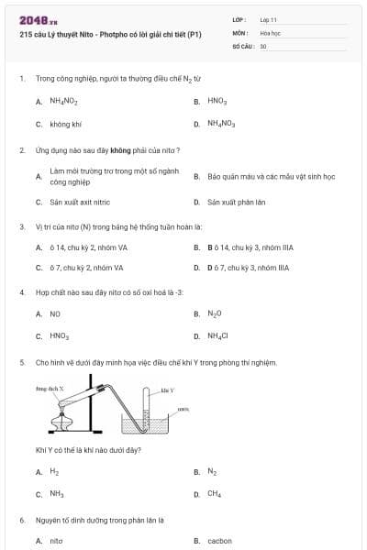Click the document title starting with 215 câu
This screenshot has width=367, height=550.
[110, 35]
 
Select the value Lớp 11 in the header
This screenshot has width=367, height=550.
[268, 19]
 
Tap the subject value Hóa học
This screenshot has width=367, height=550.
[270, 32]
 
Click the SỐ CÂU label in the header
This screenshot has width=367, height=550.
[242, 45]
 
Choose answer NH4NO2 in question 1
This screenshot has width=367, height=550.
[63, 101]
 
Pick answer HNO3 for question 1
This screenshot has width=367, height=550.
[217, 101]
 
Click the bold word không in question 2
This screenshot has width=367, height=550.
[120, 149]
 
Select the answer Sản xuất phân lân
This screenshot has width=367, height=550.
[236, 202]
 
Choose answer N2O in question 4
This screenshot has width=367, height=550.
[215, 313]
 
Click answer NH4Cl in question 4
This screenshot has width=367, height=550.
[217, 336]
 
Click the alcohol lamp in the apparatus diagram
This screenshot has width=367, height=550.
[62, 422]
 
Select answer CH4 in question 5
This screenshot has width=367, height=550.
[214, 494]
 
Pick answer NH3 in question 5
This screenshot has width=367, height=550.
[56, 494]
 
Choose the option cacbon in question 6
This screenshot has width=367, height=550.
[219, 541]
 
